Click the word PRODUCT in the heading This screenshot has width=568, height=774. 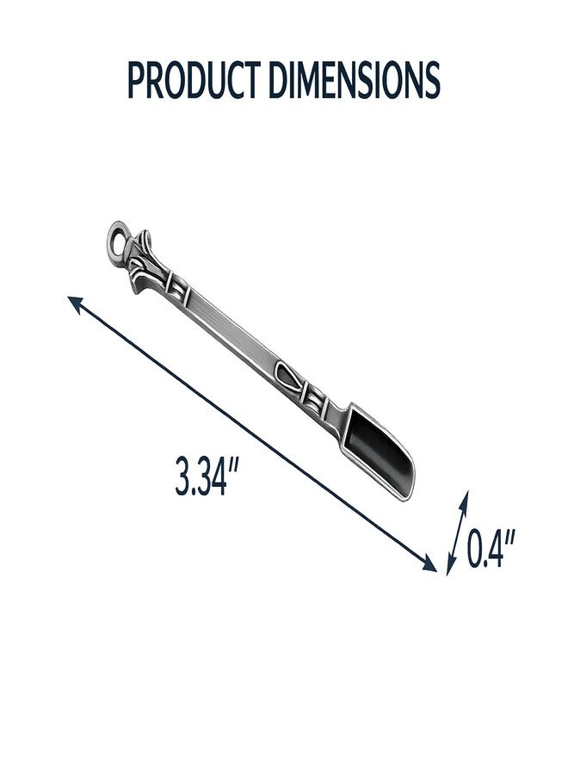pyautogui.click(x=194, y=80)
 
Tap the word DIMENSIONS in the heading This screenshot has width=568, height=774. pyautogui.click(x=354, y=80)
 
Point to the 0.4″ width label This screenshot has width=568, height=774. pyautogui.click(x=491, y=548)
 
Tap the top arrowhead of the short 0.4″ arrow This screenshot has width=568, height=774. pyautogui.click(x=464, y=499)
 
